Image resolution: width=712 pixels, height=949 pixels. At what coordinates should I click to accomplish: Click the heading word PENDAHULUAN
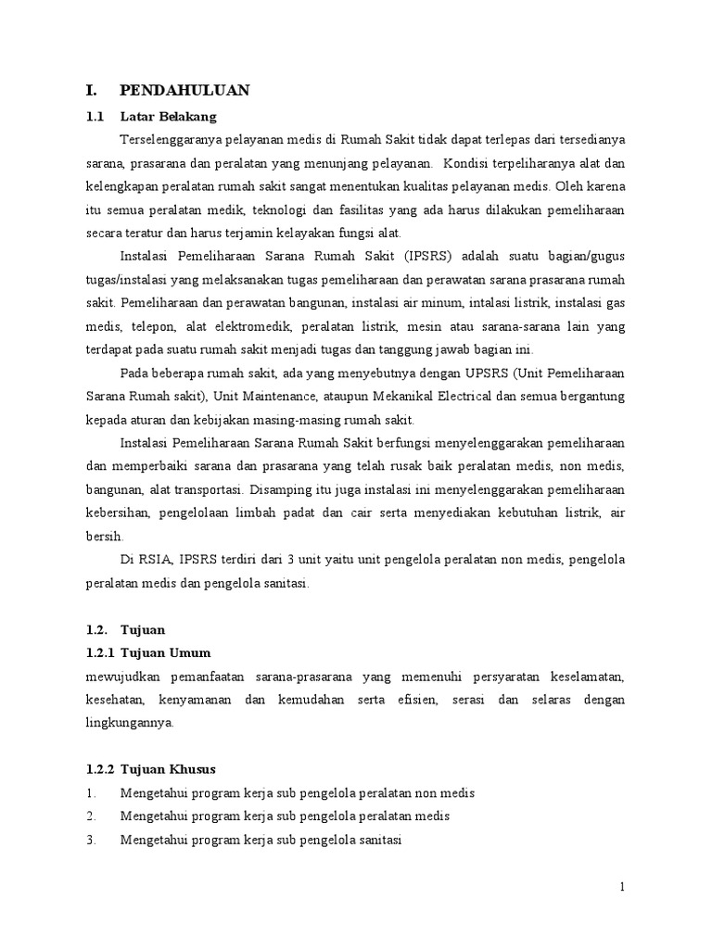point(184,90)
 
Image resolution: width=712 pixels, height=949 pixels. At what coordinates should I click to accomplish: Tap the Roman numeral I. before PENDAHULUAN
point(91,90)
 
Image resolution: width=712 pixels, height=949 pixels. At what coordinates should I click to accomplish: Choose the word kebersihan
point(114,513)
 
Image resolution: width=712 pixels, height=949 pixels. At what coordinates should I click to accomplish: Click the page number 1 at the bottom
point(623,888)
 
